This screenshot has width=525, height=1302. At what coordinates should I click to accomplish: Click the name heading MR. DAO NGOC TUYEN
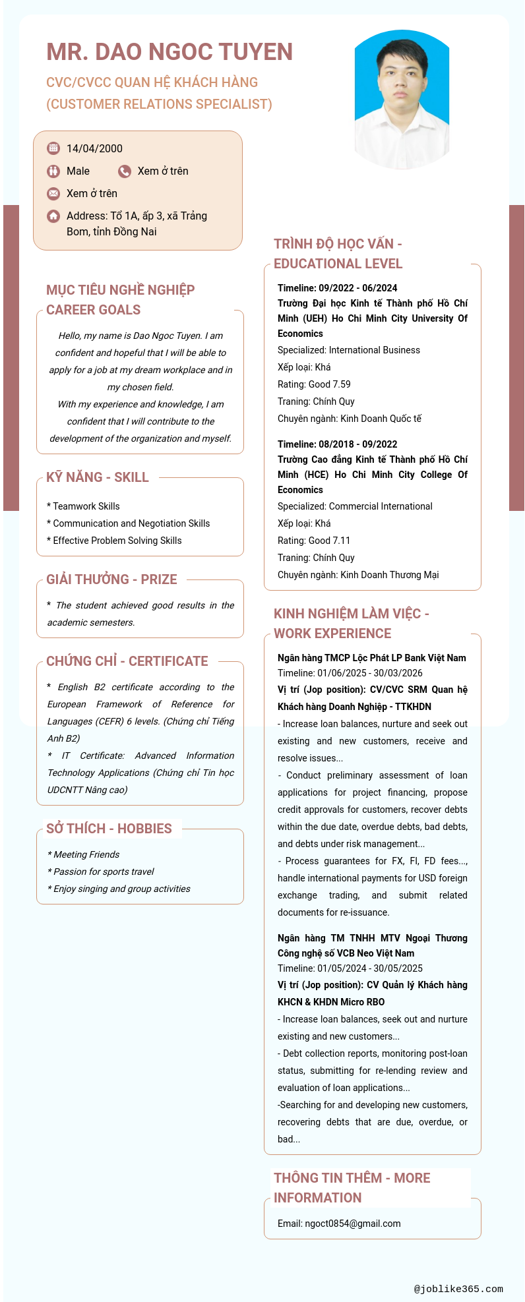[x=170, y=52]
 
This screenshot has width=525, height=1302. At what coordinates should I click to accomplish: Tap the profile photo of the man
[x=402, y=99]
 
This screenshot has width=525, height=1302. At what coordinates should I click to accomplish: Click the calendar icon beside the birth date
[x=53, y=148]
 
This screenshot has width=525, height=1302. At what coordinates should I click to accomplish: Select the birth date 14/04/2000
[x=94, y=149]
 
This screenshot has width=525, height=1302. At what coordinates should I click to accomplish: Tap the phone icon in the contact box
[x=125, y=171]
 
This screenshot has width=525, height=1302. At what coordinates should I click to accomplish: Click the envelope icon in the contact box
[x=53, y=194]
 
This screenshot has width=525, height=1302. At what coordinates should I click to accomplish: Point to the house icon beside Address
[x=53, y=216]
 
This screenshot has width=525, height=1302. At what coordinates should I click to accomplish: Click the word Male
[x=78, y=171]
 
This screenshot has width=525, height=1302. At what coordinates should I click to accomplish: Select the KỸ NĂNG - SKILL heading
[x=98, y=477]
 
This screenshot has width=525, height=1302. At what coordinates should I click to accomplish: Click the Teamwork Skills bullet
[x=84, y=506]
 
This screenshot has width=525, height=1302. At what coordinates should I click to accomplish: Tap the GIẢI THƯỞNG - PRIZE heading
[x=111, y=579]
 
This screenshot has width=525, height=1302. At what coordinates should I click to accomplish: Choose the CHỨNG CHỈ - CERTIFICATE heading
[x=127, y=661]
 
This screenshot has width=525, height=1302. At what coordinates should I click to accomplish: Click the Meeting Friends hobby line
[x=84, y=854]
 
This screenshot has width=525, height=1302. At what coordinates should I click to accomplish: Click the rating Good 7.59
[x=314, y=384]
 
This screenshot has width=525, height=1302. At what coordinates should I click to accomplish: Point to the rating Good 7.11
[x=314, y=541]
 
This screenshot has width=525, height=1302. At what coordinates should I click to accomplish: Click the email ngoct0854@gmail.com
[x=339, y=1224]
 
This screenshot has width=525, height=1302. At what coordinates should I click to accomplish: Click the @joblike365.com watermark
[x=458, y=1289]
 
